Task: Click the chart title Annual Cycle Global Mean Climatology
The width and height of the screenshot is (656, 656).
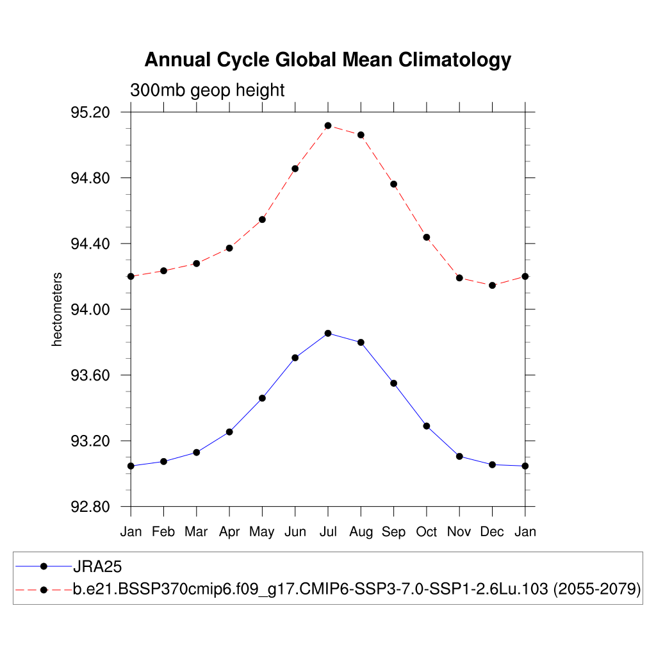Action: [327, 60]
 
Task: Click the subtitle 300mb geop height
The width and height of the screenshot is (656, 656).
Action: [207, 90]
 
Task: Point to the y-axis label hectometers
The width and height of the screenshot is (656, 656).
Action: [58, 309]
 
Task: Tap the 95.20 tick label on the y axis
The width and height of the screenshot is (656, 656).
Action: [90, 113]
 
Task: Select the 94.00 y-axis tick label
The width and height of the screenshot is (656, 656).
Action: [90, 309]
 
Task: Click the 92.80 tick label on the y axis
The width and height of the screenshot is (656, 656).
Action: [90, 507]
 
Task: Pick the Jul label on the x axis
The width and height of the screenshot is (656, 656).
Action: [328, 532]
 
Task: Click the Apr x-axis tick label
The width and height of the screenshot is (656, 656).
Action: [229, 532]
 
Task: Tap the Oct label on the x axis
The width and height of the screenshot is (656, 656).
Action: [427, 532]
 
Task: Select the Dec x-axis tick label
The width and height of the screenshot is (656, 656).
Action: [492, 532]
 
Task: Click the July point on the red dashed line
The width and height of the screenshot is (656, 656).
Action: [328, 126]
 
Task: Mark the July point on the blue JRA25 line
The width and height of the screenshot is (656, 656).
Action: [328, 333]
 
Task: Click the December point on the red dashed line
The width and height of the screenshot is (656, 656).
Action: [492, 285]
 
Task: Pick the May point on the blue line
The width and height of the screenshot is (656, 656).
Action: [262, 398]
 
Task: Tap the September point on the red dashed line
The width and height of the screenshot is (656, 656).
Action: [393, 184]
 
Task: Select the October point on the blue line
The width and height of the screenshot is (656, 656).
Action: [426, 426]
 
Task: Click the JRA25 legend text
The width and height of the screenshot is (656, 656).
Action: [97, 566]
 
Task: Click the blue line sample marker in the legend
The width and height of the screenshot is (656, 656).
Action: [44, 566]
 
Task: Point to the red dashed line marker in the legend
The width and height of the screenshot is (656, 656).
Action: [44, 589]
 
